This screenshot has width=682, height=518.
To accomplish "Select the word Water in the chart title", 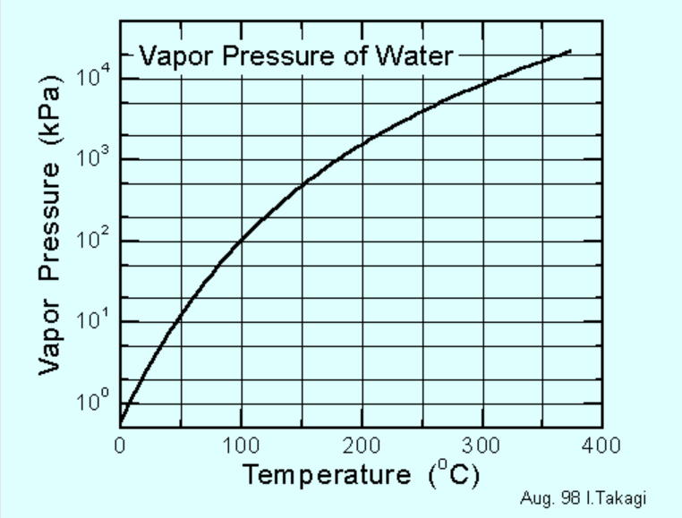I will click(x=417, y=56).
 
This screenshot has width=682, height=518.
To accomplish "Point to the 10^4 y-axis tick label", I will click(x=93, y=76).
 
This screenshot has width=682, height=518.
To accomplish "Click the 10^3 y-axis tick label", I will click(x=93, y=157).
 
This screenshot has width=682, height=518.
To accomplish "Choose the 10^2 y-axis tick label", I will click(x=93, y=239).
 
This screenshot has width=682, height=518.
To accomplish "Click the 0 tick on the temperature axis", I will click(x=120, y=445).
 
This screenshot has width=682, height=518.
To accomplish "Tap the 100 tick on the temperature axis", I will click(x=240, y=445).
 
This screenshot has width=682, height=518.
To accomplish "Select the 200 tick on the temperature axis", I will click(x=361, y=445).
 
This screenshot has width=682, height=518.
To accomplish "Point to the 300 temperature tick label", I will click(x=482, y=445).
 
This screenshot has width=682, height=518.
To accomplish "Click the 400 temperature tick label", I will click(x=601, y=445).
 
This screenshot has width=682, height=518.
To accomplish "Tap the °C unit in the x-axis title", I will click(x=453, y=473).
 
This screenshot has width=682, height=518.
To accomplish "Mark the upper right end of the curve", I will click(x=570, y=51).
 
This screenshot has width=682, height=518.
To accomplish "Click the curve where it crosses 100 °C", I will click(x=241, y=242).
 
